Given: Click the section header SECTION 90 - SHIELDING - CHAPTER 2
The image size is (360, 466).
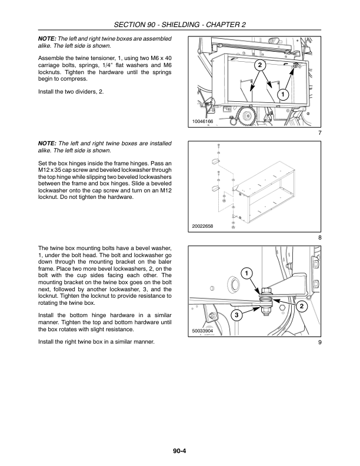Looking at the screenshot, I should pyautogui.click(x=179, y=25).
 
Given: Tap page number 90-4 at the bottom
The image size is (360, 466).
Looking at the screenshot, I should pyautogui.click(x=179, y=452).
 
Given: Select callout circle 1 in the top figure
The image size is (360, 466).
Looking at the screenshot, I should pyautogui.click(x=283, y=95).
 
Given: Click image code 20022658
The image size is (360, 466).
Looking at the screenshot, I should pyautogui.click(x=204, y=226).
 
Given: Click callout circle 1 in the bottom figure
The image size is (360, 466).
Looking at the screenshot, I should pyautogui.click(x=246, y=273).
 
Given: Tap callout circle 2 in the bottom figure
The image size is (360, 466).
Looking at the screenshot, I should pyautogui.click(x=301, y=307).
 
